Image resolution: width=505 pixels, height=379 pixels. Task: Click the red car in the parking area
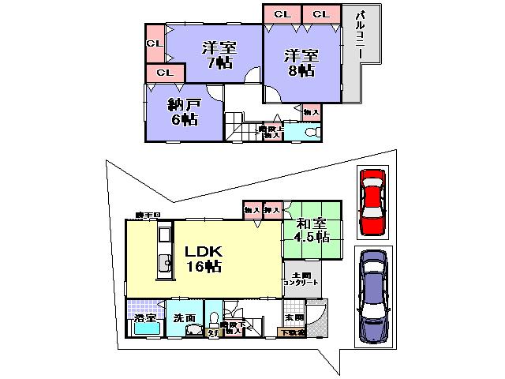point(372,202)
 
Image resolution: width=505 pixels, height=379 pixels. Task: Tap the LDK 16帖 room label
point(202,258)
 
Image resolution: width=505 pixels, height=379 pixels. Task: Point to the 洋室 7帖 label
point(215,54)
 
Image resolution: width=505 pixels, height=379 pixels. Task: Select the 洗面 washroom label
point(185,317)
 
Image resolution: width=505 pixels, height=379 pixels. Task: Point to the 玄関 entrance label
point(294,317)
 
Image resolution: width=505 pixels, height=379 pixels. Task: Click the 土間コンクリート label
point(300,279)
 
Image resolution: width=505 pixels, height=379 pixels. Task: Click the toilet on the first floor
point(214,320)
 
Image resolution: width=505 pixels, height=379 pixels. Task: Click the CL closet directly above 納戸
point(164,73)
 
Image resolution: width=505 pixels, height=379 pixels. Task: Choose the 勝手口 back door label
point(148,215)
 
